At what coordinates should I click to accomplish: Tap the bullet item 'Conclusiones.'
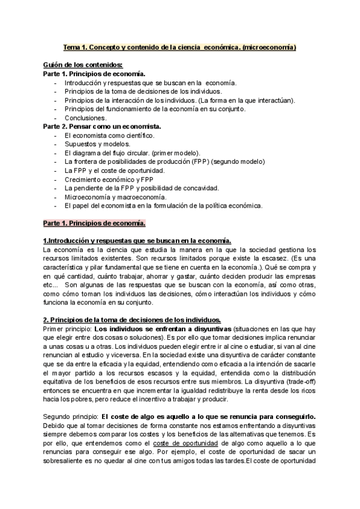(x=85, y=118)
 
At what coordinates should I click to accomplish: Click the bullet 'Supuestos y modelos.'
(x=97, y=145)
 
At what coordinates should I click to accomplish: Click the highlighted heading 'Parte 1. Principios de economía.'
(x=94, y=223)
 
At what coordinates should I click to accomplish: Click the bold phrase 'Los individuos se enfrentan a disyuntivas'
(x=163, y=329)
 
